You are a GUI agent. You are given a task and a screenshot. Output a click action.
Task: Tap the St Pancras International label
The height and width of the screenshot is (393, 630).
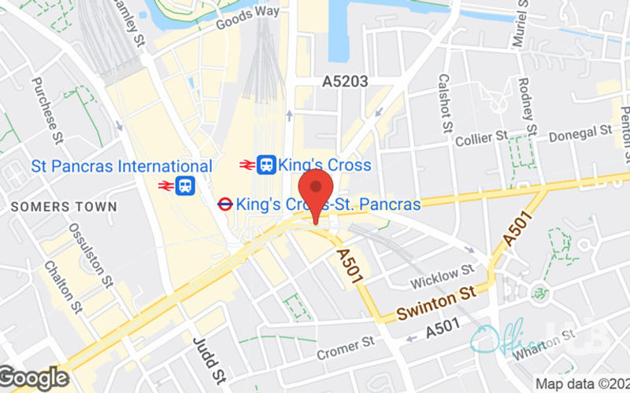(122, 167)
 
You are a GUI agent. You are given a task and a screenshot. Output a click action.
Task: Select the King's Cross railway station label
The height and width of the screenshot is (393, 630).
(324, 165)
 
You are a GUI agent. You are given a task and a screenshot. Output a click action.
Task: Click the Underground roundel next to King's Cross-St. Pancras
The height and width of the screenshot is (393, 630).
(224, 204)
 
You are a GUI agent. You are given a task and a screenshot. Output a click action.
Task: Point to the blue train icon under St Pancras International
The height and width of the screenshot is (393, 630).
(186, 185)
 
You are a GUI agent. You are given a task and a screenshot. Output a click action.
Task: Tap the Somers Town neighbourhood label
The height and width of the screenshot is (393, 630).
(64, 207)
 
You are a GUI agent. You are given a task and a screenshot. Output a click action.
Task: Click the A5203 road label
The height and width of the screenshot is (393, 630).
(345, 81)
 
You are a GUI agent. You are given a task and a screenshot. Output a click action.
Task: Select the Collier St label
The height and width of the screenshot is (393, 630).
(481, 139)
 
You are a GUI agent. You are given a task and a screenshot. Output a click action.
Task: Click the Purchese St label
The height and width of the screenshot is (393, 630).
(47, 105)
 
